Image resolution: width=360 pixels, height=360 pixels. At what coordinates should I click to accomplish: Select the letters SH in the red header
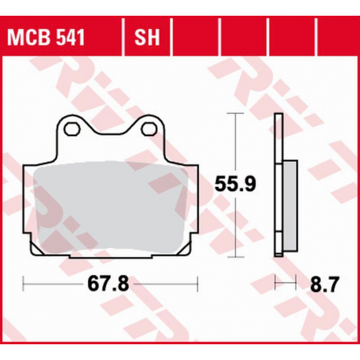[x=146, y=36]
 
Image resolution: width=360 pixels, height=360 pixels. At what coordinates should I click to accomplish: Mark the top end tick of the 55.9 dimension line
[x=233, y=113]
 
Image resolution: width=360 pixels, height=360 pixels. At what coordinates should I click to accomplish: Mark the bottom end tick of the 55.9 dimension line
[x=233, y=255]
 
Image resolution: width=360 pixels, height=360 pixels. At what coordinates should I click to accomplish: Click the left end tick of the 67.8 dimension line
[x=23, y=281]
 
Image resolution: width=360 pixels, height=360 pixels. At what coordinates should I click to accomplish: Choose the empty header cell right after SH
[x=196, y=36]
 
